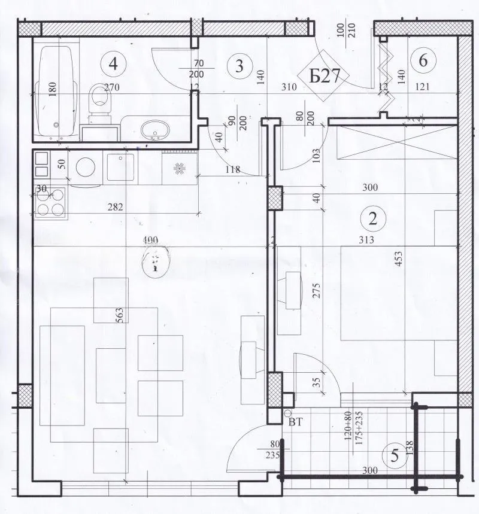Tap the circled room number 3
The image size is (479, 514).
coord(239,66)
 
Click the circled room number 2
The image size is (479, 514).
coord(373,218)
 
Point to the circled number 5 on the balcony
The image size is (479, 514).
coord(395,456)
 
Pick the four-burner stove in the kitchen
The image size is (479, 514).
coord(51,202)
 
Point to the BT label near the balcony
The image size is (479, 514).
coord(295,422)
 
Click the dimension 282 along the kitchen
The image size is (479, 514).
coord(115,208)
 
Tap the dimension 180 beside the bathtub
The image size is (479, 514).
coord(53,89)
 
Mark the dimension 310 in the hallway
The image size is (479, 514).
coord(290,87)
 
